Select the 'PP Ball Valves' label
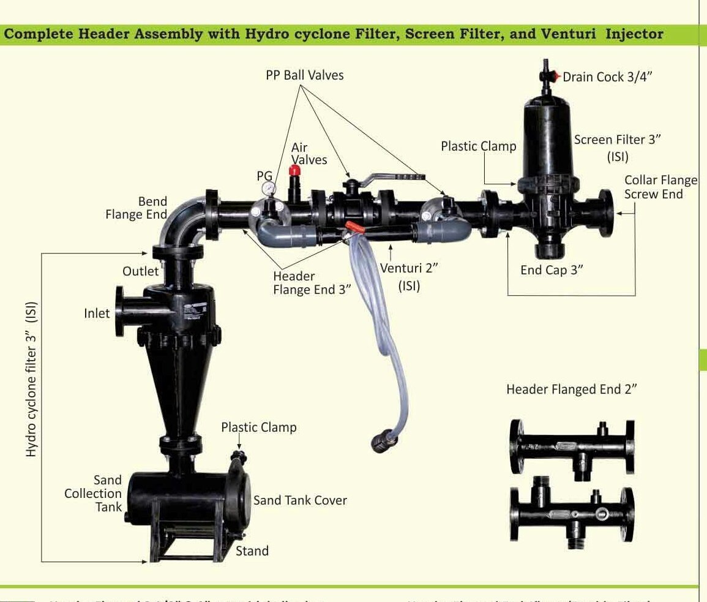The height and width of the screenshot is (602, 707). (305, 75)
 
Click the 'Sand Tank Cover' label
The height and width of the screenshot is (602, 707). (300, 500)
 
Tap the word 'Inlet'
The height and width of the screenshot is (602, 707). (97, 314)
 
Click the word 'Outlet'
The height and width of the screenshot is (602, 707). (140, 271)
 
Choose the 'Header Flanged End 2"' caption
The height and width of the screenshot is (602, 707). (572, 389)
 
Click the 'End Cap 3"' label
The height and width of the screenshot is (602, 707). (552, 270)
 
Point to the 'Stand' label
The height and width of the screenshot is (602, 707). (252, 551)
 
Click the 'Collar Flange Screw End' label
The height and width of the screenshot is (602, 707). (660, 187)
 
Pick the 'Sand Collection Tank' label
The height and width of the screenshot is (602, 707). (93, 494)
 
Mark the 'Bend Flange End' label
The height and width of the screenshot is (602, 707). (136, 208)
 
